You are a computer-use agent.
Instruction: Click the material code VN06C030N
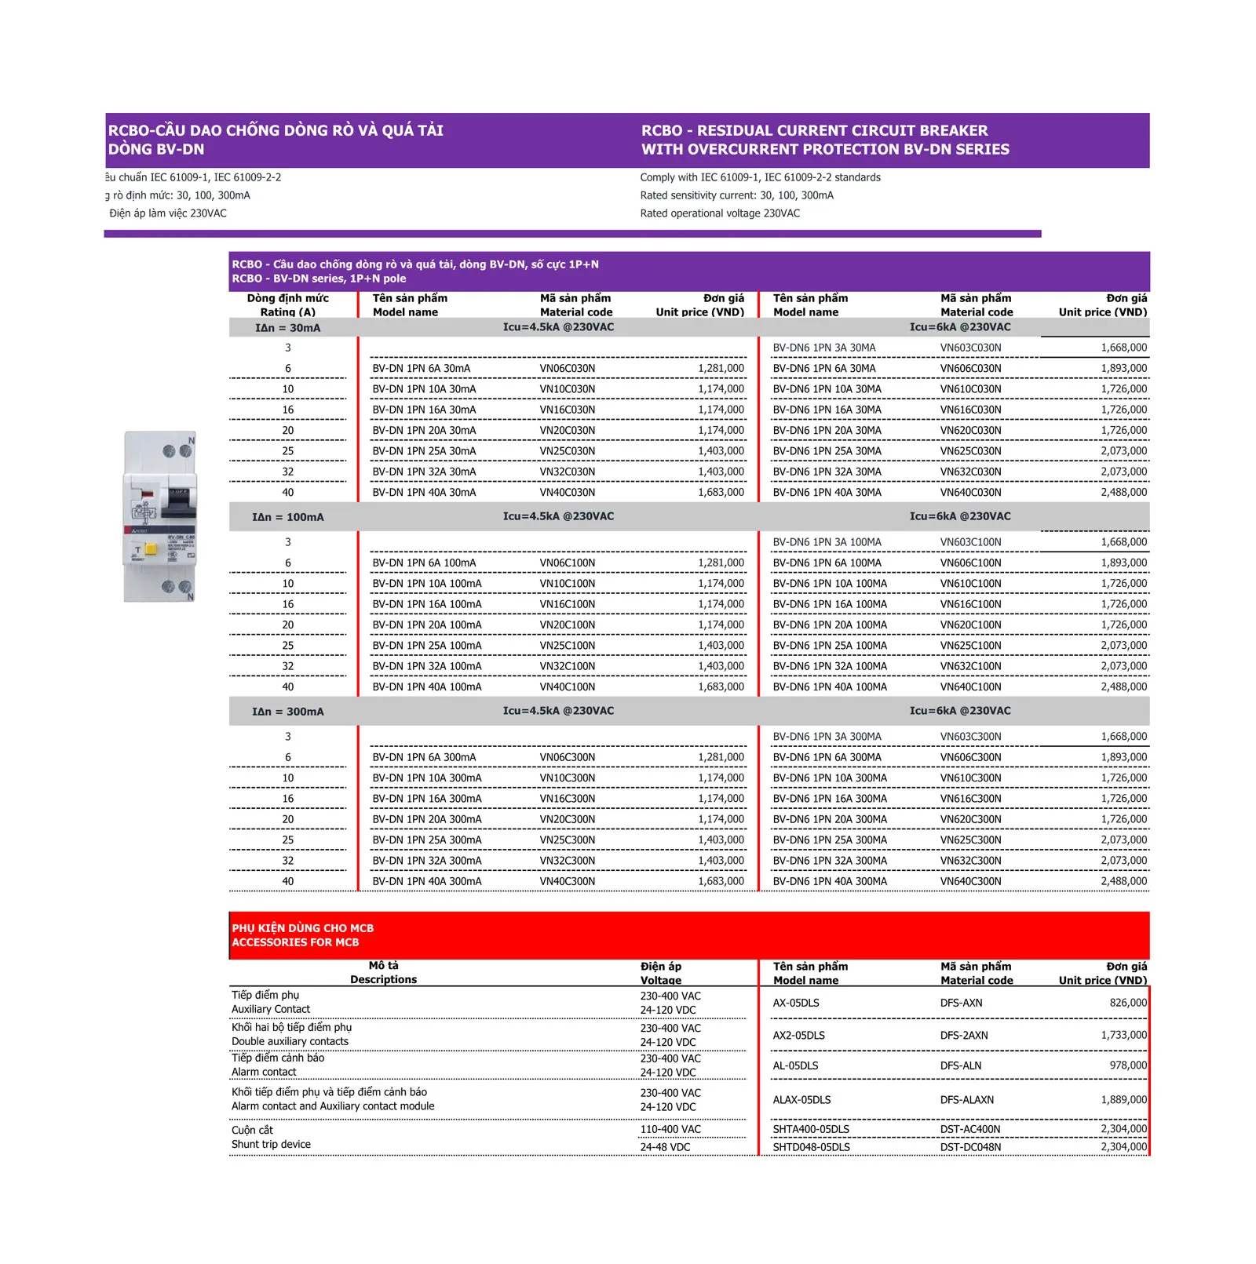tap(567, 369)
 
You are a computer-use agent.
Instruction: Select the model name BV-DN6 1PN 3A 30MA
tap(823, 348)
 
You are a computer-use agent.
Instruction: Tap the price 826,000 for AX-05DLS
tap(1127, 1003)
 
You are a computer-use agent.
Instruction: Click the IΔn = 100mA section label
tap(287, 517)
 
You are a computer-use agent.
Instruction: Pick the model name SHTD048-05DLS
tap(811, 1147)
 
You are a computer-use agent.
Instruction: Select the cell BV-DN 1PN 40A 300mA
tap(426, 881)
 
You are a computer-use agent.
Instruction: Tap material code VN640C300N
tap(970, 881)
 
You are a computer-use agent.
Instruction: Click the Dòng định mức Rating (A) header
tap(287, 305)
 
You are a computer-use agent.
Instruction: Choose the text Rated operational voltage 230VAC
tap(719, 213)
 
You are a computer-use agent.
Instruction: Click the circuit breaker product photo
tap(159, 516)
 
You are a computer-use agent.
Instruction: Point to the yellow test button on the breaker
tap(151, 550)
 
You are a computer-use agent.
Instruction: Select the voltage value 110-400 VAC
tap(670, 1129)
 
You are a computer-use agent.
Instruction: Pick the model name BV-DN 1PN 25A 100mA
tap(426, 646)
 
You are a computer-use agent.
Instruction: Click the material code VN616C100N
tap(970, 604)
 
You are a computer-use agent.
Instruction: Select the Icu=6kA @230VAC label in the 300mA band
tap(959, 711)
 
